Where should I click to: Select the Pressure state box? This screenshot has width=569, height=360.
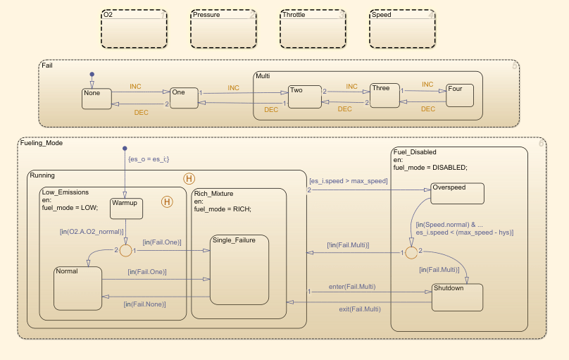(223, 29)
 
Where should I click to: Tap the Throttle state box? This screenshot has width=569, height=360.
(313, 29)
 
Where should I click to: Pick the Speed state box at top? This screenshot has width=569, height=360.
(402, 29)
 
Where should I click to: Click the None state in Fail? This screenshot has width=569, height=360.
(96, 99)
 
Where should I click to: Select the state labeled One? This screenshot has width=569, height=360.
(184, 98)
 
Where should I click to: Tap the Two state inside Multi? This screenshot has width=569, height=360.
(304, 97)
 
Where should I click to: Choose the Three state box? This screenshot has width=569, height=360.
(385, 96)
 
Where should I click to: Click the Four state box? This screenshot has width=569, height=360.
(459, 95)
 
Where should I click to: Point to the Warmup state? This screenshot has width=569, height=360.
(127, 208)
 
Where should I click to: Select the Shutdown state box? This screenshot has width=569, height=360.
(457, 297)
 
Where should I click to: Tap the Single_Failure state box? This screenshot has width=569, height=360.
(239, 269)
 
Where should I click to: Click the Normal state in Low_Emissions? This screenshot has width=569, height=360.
(77, 288)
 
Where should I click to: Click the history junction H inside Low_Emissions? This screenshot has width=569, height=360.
(168, 203)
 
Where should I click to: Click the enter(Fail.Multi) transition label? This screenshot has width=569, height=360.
(351, 287)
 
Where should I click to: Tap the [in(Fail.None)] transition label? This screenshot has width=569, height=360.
(145, 304)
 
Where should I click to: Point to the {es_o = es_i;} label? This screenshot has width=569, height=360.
(148, 159)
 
